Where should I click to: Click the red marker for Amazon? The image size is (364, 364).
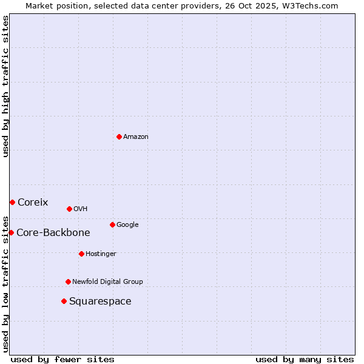click(119, 136)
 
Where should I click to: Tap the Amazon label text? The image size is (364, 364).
click(135, 137)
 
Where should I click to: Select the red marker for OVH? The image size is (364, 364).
click(69, 209)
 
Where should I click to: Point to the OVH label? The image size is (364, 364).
click(80, 209)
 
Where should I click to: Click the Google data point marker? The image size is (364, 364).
click(112, 224)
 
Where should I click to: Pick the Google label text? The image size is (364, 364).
click(127, 225)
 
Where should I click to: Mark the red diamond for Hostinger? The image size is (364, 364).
click(81, 254)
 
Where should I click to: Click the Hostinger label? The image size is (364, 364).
click(101, 254)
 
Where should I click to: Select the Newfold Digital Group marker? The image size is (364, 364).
click(68, 281)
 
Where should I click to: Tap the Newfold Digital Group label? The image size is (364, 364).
click(107, 282)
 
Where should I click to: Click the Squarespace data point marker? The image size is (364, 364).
click(64, 301)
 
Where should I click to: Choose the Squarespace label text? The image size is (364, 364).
click(100, 302)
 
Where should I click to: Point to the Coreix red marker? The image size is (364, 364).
click(12, 202)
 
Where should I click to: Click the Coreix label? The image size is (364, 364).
click(33, 203)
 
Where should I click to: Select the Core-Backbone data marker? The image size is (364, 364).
click(11, 232)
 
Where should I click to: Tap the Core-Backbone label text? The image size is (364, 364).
click(53, 233)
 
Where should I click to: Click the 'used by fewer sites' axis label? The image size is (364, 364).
click(62, 359)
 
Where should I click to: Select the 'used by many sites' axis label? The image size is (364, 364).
click(305, 359)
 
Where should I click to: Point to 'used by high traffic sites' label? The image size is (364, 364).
click(5, 86)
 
